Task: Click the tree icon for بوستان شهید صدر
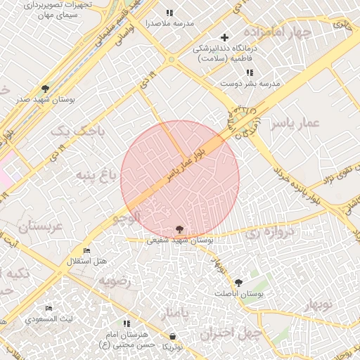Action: [x=46, y=89]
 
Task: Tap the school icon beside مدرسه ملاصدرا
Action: [x=169, y=13]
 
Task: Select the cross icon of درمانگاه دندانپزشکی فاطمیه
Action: [x=224, y=37]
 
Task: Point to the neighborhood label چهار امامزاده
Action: [x=277, y=33]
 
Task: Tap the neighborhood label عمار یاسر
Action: [x=297, y=124]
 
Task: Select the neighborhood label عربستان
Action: [x=40, y=226]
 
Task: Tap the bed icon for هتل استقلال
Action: [x=87, y=251]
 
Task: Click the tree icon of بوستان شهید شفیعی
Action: [x=179, y=229]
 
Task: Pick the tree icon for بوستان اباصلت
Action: [x=238, y=283]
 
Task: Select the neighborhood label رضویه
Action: [x=115, y=282]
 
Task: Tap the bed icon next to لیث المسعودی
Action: [x=49, y=309]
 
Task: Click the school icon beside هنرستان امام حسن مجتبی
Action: [x=127, y=323]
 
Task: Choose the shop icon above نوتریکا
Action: [x=173, y=336]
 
